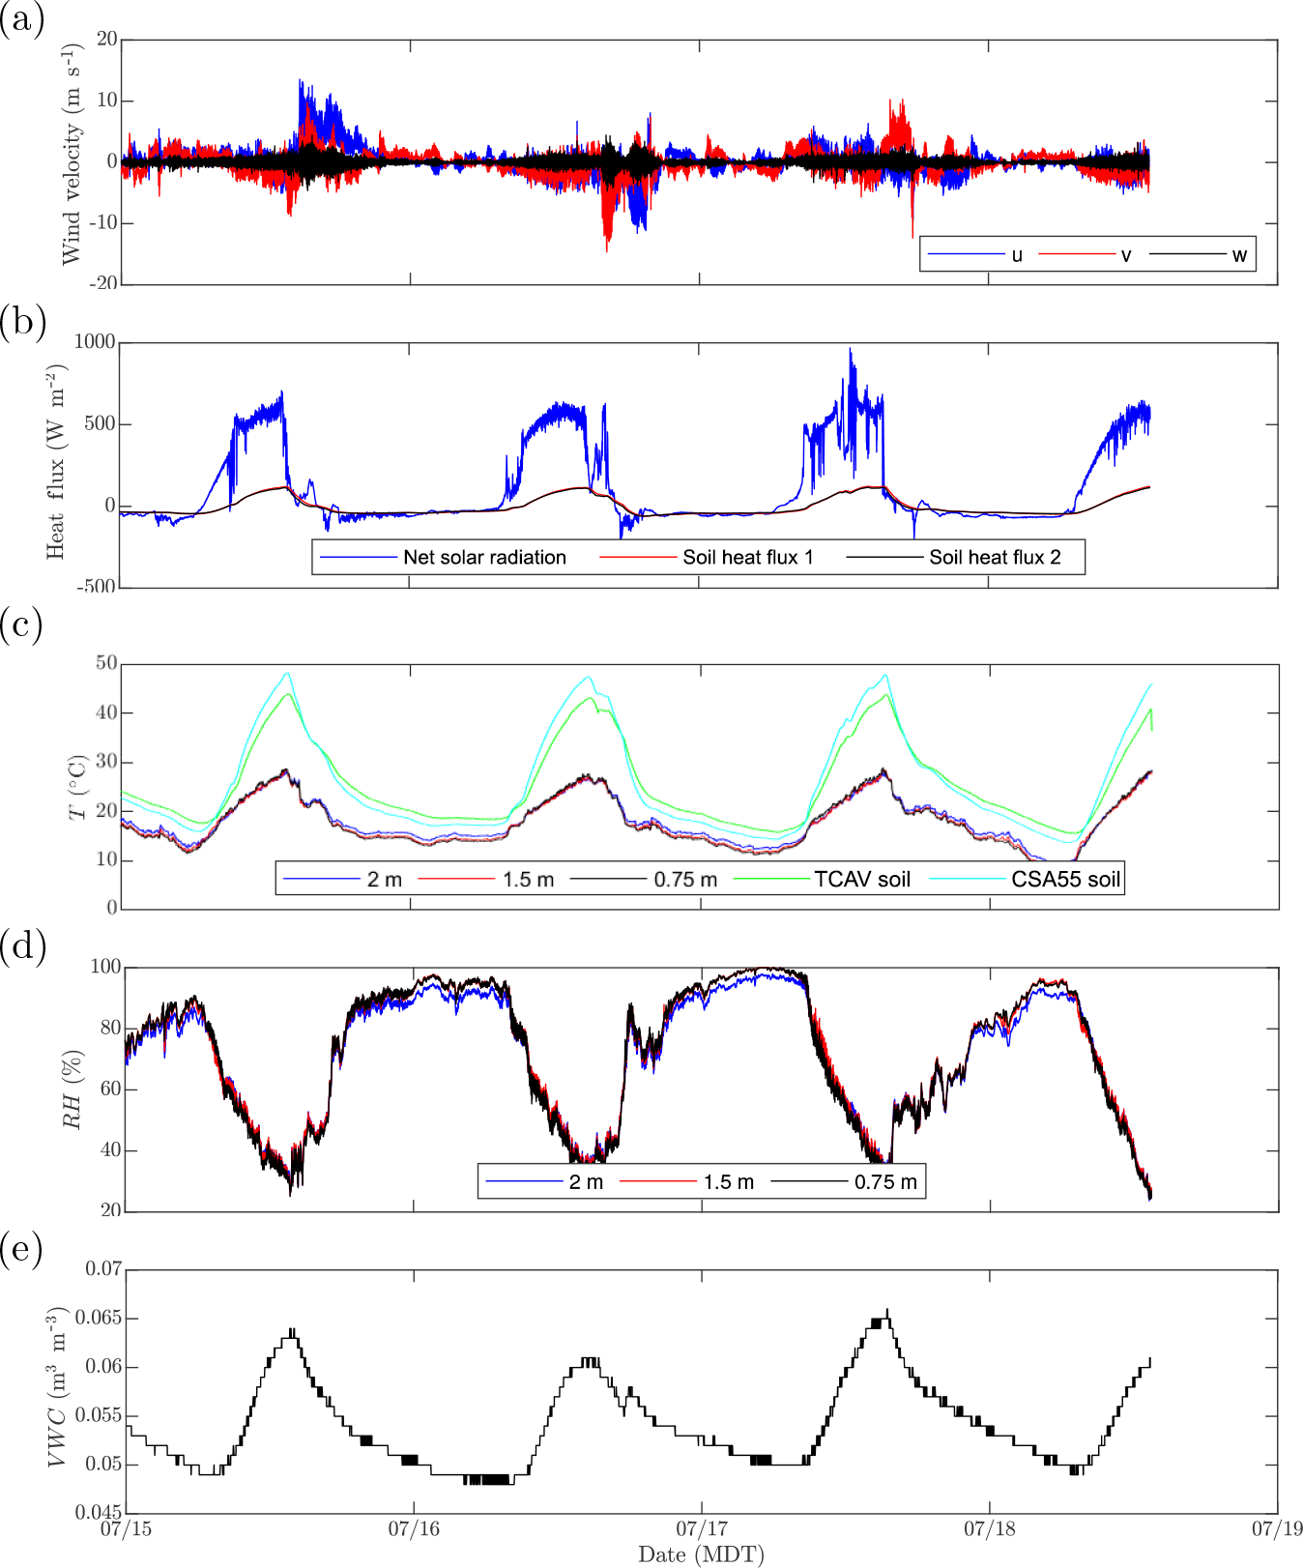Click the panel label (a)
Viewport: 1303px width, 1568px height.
point(21,19)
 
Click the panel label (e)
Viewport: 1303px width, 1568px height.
point(21,1250)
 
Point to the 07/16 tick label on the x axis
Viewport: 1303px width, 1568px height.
point(414,1528)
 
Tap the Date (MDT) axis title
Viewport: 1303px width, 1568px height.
point(701,1554)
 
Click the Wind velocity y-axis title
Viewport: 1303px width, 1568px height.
point(72,154)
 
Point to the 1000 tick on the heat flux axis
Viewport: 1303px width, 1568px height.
point(95,342)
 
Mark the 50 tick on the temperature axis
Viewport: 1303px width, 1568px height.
point(106,663)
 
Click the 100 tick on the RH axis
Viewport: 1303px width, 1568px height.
point(105,967)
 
